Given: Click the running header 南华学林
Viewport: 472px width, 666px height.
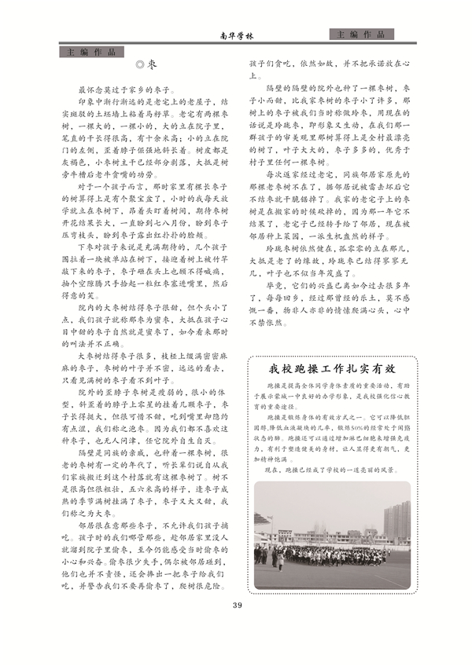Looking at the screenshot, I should [x=236, y=37].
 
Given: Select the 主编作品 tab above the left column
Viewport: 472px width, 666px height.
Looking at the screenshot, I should [x=91, y=53].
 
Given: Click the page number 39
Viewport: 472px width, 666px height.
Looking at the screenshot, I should [x=236, y=605].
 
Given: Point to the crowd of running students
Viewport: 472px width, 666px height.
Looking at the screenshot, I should [x=330, y=554].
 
